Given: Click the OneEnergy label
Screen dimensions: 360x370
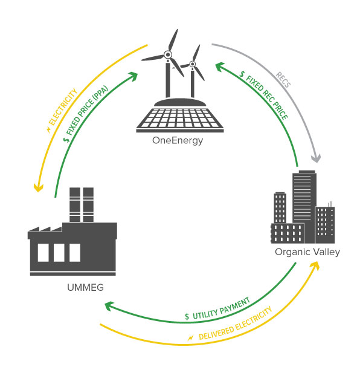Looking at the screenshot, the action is click(178, 141).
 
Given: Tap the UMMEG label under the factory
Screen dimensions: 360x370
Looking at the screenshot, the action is click(85, 287).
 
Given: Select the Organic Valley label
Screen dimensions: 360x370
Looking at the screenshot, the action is click(307, 252).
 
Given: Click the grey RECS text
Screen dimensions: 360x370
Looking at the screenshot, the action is click(283, 80).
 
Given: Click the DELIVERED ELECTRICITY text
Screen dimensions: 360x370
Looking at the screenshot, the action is click(236, 323).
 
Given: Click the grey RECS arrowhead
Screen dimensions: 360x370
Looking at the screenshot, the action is click(316, 158).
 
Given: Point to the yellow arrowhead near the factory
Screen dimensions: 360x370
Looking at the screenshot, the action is click(38, 187).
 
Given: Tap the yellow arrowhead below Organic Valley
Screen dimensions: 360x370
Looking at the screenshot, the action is click(315, 265).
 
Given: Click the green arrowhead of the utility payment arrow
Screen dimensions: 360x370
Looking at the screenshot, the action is click(109, 306).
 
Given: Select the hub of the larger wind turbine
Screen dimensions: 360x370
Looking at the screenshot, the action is click(168, 55).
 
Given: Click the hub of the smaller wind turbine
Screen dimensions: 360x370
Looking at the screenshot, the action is click(193, 64).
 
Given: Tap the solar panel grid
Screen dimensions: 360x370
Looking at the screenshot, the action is click(180, 118).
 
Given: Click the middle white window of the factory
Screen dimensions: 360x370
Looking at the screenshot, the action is click(59, 253).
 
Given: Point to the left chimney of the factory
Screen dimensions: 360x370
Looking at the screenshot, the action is click(75, 204).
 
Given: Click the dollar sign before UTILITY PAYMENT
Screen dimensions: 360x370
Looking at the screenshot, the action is click(187, 316).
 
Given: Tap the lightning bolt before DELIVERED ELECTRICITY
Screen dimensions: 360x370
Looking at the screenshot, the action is click(190, 338).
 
